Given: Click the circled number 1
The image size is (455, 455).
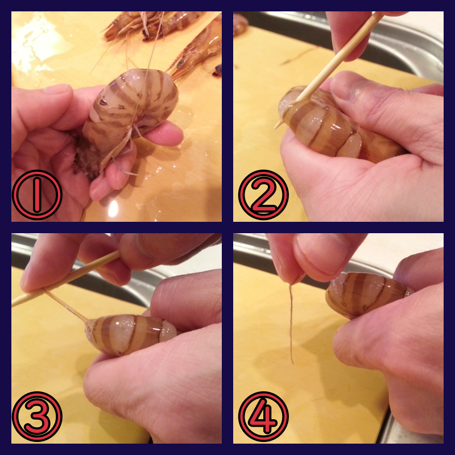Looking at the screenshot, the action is tap(37, 195).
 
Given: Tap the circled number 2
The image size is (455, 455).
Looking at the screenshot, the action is tap(263, 195).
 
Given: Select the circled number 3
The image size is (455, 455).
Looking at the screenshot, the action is tap(37, 416).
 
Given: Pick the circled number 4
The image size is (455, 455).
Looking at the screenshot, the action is tap(263, 416).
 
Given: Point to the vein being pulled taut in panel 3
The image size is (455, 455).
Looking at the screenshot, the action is tap(66, 305).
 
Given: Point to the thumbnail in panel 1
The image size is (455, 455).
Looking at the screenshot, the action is tap(56, 89).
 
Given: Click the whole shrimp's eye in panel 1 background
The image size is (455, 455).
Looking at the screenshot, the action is tap(180, 63).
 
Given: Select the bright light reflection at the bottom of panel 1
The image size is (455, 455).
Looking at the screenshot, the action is tap(113, 209).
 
